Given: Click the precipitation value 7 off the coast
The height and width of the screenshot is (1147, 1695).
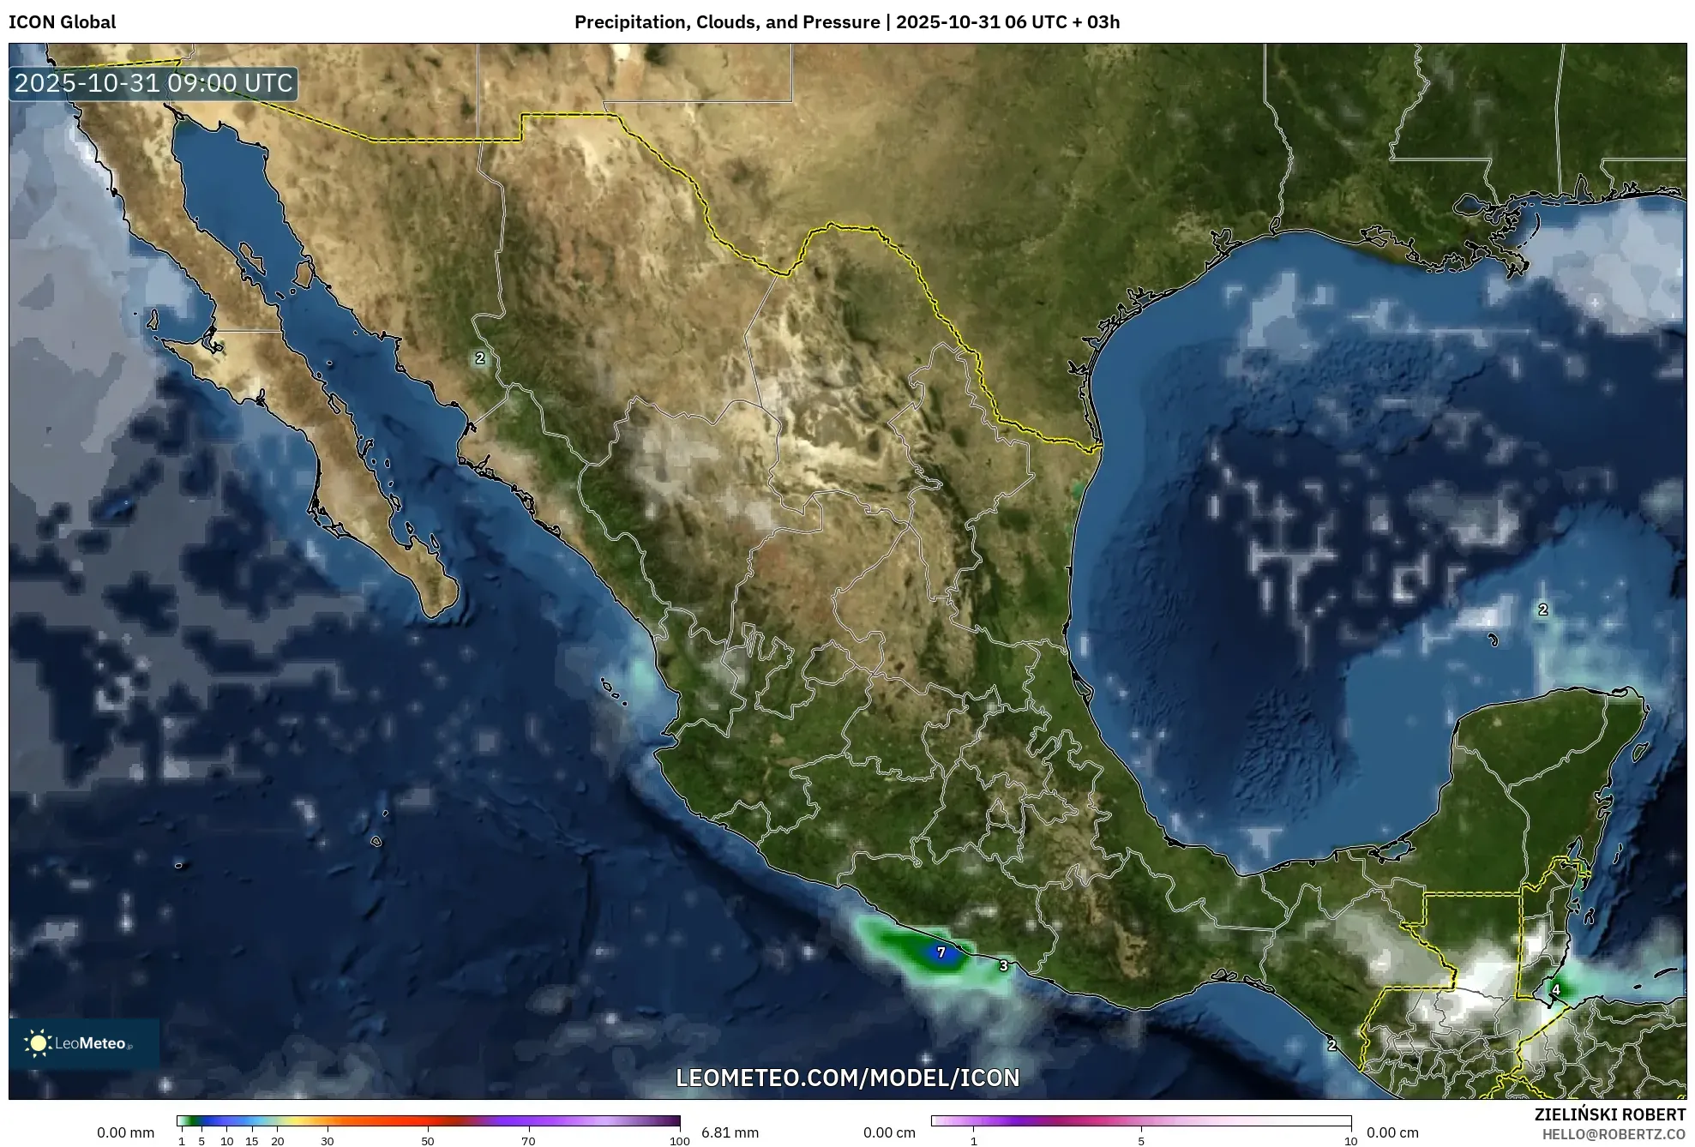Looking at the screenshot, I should coord(941,952).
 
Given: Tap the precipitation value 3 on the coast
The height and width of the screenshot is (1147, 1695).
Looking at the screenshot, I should coord(1004,966).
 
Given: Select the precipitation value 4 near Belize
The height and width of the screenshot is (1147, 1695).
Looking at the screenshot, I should coord(1556,990).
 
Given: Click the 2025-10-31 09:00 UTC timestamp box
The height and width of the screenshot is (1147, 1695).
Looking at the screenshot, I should coord(154,84).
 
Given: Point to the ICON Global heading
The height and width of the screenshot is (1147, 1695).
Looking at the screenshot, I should coord(63,22).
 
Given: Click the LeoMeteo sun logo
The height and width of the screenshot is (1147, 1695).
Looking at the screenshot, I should coord(38,1043).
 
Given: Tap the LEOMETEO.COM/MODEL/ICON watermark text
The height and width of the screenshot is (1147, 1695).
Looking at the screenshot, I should coord(848,1078).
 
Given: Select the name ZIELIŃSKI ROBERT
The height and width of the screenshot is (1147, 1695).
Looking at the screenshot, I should coord(1610,1114).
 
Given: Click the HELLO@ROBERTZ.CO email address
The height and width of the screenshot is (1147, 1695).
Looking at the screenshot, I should coord(1614,1134).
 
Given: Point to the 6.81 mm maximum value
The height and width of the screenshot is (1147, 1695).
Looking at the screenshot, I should coord(730,1132).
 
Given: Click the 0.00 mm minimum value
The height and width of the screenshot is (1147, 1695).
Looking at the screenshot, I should coord(126,1132).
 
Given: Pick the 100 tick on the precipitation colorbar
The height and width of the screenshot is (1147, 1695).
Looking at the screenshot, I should coord(680,1141).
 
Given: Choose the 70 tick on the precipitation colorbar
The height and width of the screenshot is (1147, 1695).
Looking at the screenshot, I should coord(528,1141).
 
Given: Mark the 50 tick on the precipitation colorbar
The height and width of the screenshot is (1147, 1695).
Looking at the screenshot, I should coord(428,1141).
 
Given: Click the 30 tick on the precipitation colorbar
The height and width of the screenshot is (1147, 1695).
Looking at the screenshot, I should coord(328,1141).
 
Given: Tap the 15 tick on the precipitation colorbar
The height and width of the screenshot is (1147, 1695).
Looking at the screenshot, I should coord(252,1141).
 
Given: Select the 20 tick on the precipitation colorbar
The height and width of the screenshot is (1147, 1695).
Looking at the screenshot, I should coord(277,1141).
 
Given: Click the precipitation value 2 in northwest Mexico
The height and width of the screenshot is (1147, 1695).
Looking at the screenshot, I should coord(480,358).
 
